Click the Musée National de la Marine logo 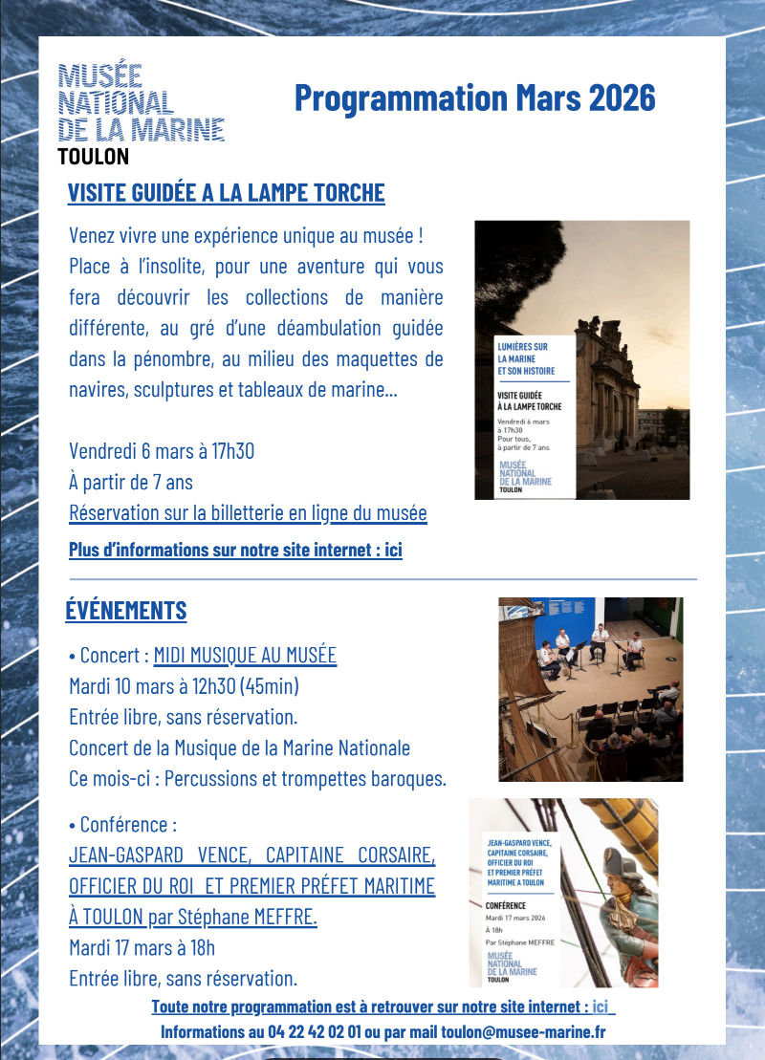[x=141, y=103]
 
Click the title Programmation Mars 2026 [x=474, y=97]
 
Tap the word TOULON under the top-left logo [x=93, y=157]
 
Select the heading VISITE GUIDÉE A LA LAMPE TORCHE [x=226, y=193]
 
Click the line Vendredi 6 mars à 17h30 [x=162, y=451]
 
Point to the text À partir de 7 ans [x=131, y=482]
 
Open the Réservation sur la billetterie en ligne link [x=248, y=513]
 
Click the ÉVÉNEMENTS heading [x=125, y=610]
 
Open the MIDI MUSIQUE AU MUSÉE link [x=245, y=656]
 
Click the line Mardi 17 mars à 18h [x=142, y=948]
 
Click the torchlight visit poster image [x=581, y=359]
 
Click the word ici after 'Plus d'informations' [x=392, y=550]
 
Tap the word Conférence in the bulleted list [x=127, y=824]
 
